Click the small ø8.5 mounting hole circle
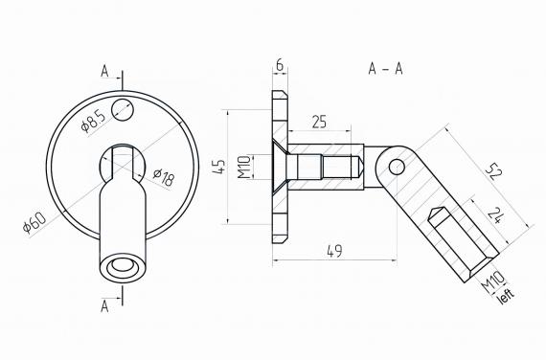pyautogui.click(x=123, y=108)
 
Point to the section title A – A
pyautogui.click(x=384, y=69)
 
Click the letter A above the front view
pyautogui.click(x=106, y=70)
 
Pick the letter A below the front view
pyautogui.click(x=106, y=305)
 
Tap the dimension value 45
pyautogui.click(x=218, y=168)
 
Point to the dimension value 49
pyautogui.click(x=334, y=251)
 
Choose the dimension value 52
pyautogui.click(x=492, y=172)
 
